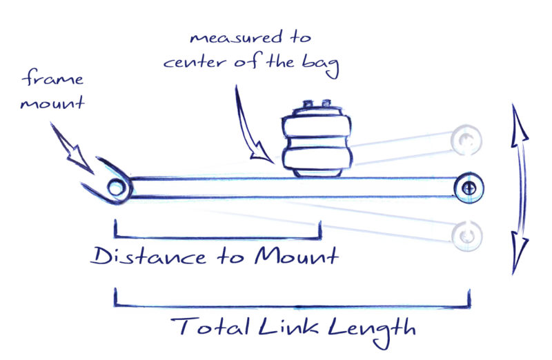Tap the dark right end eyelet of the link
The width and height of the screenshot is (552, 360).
[x=469, y=187]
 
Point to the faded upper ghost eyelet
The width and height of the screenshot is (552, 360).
[x=467, y=140]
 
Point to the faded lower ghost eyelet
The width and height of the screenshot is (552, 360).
[x=466, y=235]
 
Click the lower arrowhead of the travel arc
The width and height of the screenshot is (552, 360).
[x=518, y=252]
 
